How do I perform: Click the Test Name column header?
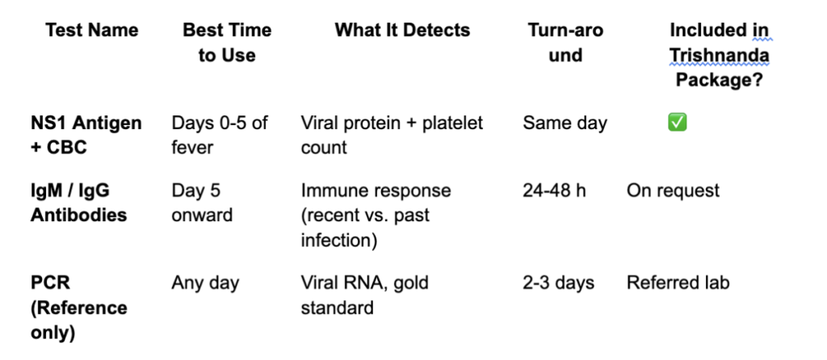(92, 30)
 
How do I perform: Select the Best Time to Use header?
(227, 43)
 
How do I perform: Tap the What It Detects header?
(402, 30)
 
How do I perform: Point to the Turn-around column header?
(565, 43)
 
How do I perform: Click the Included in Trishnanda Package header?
(720, 55)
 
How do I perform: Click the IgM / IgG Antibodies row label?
(78, 203)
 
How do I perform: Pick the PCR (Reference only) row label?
(78, 308)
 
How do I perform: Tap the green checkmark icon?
(678, 123)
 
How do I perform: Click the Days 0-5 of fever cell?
(220, 135)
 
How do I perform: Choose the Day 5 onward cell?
(202, 203)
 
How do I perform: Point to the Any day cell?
(205, 283)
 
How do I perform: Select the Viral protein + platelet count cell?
(392, 135)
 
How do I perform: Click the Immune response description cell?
(376, 215)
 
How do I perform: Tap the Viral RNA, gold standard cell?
(364, 295)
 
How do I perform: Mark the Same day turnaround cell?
(565, 123)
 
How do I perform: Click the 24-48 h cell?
(554, 190)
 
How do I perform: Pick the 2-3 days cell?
(559, 283)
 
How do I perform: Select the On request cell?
(673, 190)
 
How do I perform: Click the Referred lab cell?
(678, 283)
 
